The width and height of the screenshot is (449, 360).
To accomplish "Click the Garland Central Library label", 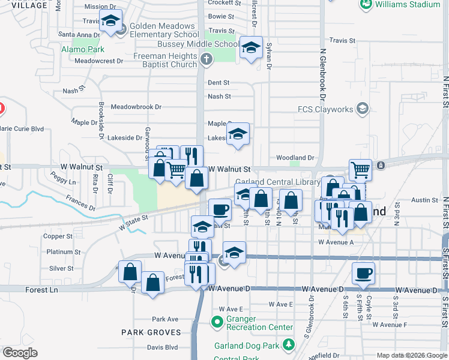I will pyautogui.click(x=277, y=182).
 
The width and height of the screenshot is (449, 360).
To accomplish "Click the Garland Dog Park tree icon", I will pyautogui.click(x=289, y=344).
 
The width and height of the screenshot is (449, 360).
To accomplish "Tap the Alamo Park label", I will pyautogui.click(x=83, y=49).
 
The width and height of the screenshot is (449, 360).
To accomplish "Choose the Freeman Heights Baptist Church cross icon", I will pyautogui.click(x=206, y=59).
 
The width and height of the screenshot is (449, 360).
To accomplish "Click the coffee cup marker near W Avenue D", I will pyautogui.click(x=363, y=274).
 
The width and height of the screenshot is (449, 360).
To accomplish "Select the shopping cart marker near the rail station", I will pyautogui.click(x=360, y=170).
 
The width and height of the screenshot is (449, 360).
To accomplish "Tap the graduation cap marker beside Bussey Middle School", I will pyautogui.click(x=251, y=48).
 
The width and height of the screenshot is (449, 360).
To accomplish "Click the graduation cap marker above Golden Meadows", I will pyautogui.click(x=110, y=21).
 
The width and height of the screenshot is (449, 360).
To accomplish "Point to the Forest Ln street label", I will pyautogui.click(x=41, y=290).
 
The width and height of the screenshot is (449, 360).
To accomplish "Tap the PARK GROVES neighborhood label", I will pyautogui.click(x=151, y=332).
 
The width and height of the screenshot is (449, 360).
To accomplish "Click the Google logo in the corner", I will pyautogui.click(x=20, y=353).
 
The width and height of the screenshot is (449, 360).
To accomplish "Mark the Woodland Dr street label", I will pyautogui.click(x=295, y=158).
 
